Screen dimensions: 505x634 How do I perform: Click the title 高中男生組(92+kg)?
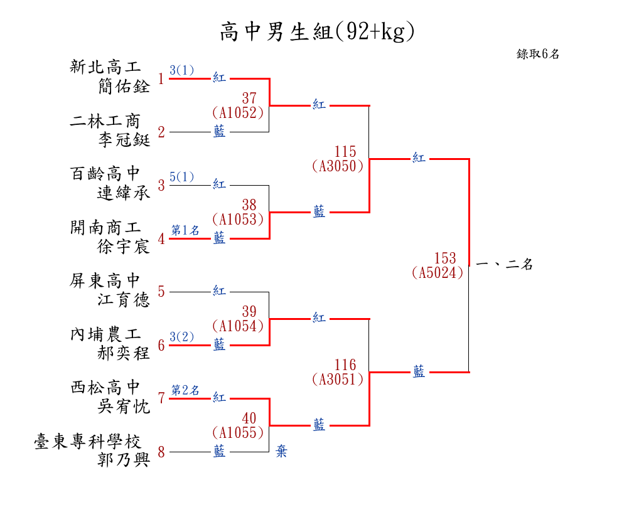click(317, 32)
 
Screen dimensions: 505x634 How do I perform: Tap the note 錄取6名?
click(538, 54)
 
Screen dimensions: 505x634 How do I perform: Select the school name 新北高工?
click(106, 67)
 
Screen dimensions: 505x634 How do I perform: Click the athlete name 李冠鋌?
click(124, 140)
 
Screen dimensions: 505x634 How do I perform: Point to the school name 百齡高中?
click(106, 174)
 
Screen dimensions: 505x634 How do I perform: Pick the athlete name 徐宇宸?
click(124, 247)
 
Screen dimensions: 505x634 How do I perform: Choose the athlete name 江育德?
click(124, 300)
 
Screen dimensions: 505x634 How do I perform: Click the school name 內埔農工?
click(106, 334)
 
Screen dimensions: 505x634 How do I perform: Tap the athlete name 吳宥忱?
click(124, 407)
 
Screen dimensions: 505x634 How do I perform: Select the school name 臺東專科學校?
click(88, 442)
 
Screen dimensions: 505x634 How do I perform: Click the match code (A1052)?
click(237, 113)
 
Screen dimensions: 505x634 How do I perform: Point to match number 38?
click(249, 205)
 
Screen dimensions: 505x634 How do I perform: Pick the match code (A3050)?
click(337, 166)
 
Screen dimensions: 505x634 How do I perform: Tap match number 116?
click(345, 365)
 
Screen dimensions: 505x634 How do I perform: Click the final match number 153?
click(444, 258)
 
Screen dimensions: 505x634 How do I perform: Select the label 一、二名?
click(505, 265)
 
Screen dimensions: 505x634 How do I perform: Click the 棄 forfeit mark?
click(281, 452)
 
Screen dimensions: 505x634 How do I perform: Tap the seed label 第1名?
click(185, 230)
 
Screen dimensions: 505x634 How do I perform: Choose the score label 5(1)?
click(182, 177)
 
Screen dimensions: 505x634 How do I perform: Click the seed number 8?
click(161, 452)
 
